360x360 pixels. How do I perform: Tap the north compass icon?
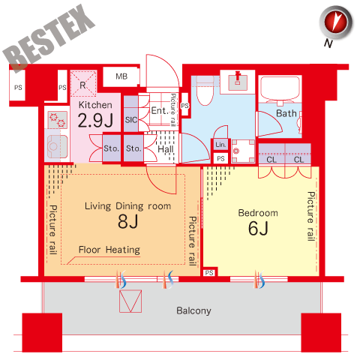click(x=336, y=23)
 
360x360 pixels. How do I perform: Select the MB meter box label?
click(x=121, y=76)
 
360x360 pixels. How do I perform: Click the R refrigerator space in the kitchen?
click(x=83, y=83)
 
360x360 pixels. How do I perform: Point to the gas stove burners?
click(x=58, y=120)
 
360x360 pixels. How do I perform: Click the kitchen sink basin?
click(x=57, y=146)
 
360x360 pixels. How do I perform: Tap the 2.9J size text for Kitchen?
click(x=95, y=120)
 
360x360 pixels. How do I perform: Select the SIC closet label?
click(x=131, y=120)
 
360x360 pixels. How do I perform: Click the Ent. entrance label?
click(x=158, y=110)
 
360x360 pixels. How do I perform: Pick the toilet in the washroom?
click(x=205, y=91)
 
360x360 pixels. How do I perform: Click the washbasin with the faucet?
click(x=238, y=82)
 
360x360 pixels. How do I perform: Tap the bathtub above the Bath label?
click(x=280, y=88)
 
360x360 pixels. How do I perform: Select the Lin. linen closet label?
click(x=220, y=145)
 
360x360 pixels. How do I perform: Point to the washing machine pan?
click(x=243, y=151)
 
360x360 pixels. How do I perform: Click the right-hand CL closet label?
click(x=298, y=160)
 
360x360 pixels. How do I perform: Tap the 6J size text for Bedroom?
click(x=258, y=228)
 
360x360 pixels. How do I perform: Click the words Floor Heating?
click(x=109, y=250)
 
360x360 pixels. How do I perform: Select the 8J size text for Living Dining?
click(x=128, y=221)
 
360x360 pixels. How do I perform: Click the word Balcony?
click(x=193, y=310)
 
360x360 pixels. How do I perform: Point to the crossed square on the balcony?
click(x=130, y=301)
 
